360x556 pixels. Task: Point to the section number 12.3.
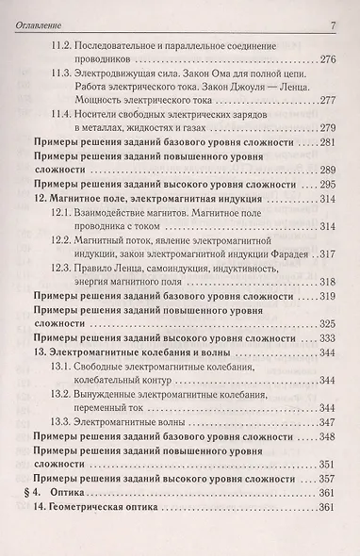tap(61, 269)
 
